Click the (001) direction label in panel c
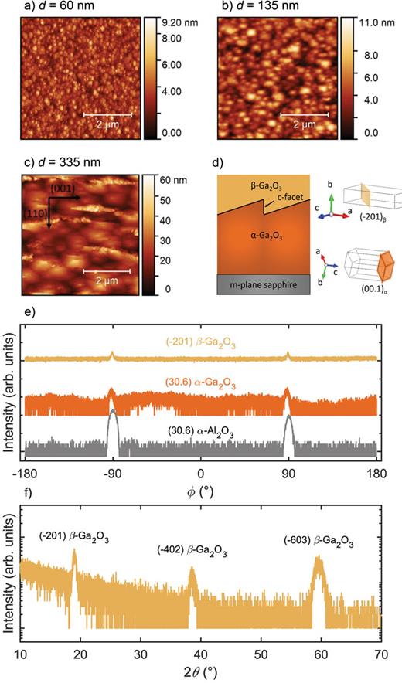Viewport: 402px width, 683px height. tap(63, 188)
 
